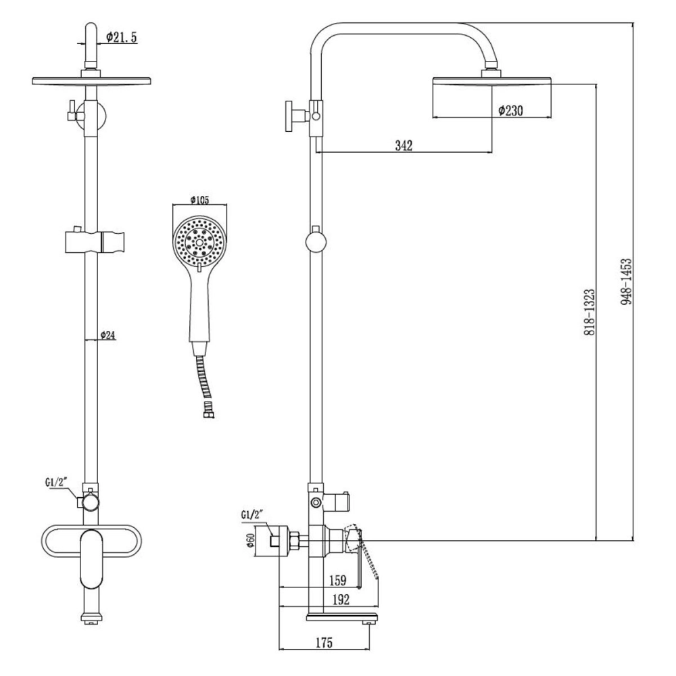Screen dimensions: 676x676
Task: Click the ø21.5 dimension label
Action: tap(122, 39)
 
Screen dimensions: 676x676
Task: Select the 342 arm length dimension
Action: tap(404, 145)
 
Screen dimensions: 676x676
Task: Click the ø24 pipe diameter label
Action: tap(108, 335)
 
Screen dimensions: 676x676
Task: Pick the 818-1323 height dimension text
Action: tap(589, 313)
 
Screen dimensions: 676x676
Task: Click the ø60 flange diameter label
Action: tap(249, 541)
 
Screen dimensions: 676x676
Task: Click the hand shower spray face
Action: tap(199, 240)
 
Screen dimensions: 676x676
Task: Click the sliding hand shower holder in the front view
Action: tap(94, 241)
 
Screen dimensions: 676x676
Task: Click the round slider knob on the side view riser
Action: tap(315, 241)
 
